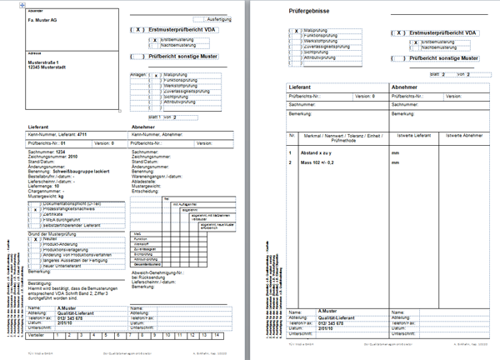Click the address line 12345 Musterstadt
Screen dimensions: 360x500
pos(49,67)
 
